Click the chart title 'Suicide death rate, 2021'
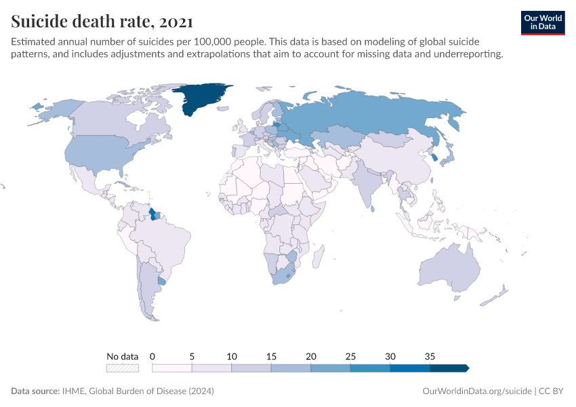[x=102, y=21]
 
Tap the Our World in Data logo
[x=542, y=22]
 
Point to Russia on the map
[x=366, y=115]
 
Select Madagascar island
[x=317, y=258]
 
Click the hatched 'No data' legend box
[x=122, y=368]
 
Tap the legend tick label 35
[x=430, y=356]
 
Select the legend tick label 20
[x=311, y=356]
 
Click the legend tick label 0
[x=152, y=356]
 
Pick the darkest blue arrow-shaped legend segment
[x=449, y=368]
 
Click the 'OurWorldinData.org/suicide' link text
[x=476, y=391]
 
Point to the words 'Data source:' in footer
[x=34, y=391]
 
